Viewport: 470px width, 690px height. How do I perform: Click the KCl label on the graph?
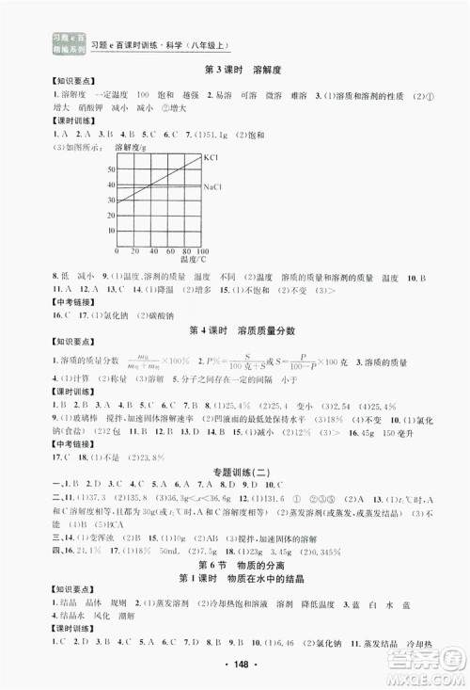click(211, 160)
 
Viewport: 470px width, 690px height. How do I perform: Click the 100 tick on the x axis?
click(202, 253)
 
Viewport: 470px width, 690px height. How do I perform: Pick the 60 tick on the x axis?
click(167, 253)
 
